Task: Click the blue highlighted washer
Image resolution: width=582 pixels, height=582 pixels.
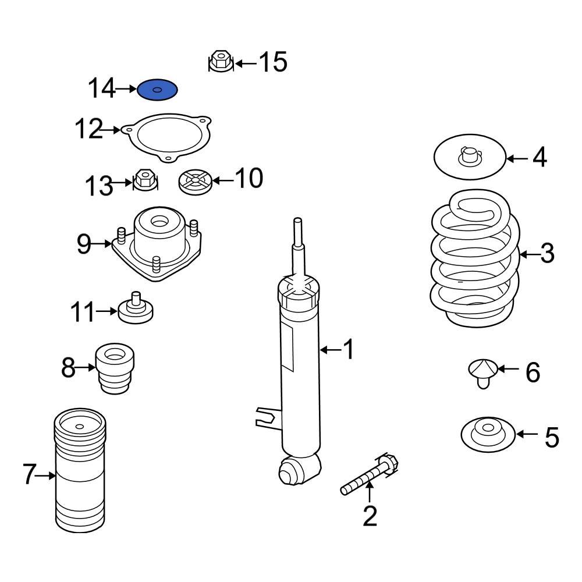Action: tap(157, 90)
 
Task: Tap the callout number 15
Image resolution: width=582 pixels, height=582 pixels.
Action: tap(272, 62)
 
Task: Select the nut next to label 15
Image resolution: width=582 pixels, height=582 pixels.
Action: tap(220, 61)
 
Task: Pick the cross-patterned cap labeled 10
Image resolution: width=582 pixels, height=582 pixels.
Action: tap(194, 181)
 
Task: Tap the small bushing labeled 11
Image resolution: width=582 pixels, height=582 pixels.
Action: tap(136, 310)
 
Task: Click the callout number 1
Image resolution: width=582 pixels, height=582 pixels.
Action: tap(347, 350)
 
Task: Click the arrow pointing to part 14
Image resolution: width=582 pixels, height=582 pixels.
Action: tap(126, 89)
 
